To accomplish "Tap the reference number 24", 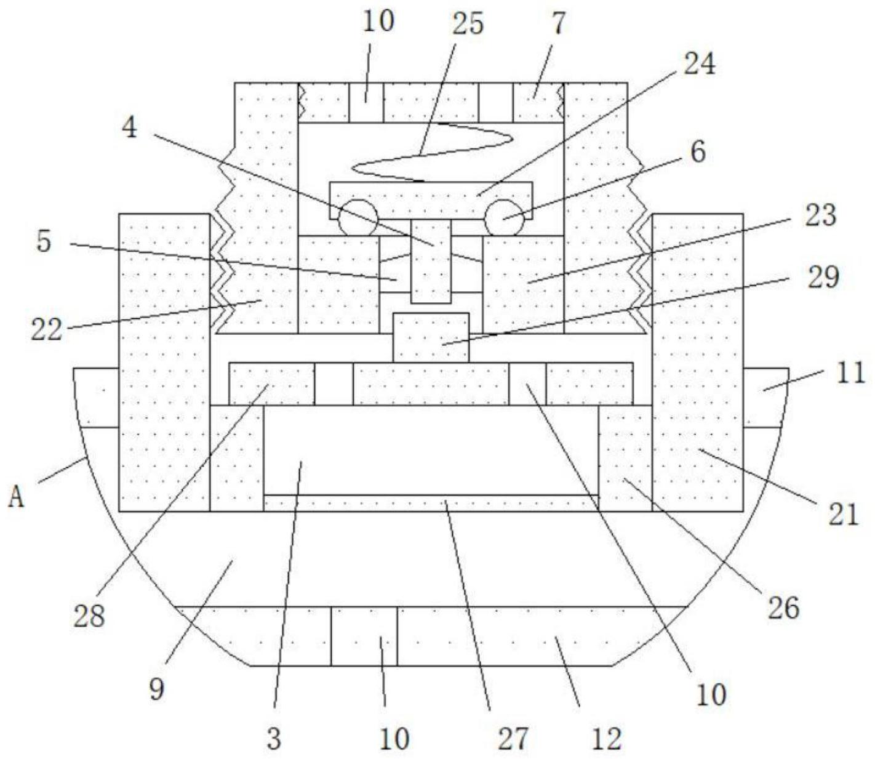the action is pos(699,63).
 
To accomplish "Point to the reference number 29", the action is pos(823,277).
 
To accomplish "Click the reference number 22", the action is pos(47,331).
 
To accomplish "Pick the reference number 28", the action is pos(90,616).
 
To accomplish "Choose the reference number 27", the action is pos(513,738).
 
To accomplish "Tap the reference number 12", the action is pos(606,738).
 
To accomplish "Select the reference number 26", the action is pos(783,608).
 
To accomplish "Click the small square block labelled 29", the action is pos(431,337).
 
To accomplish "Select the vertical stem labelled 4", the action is pos(431,262).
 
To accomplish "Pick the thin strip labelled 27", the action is pos(431,503).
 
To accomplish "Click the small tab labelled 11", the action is pos(765,397).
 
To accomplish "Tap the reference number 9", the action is pos(156,689).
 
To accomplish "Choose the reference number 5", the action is pos(43,241).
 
